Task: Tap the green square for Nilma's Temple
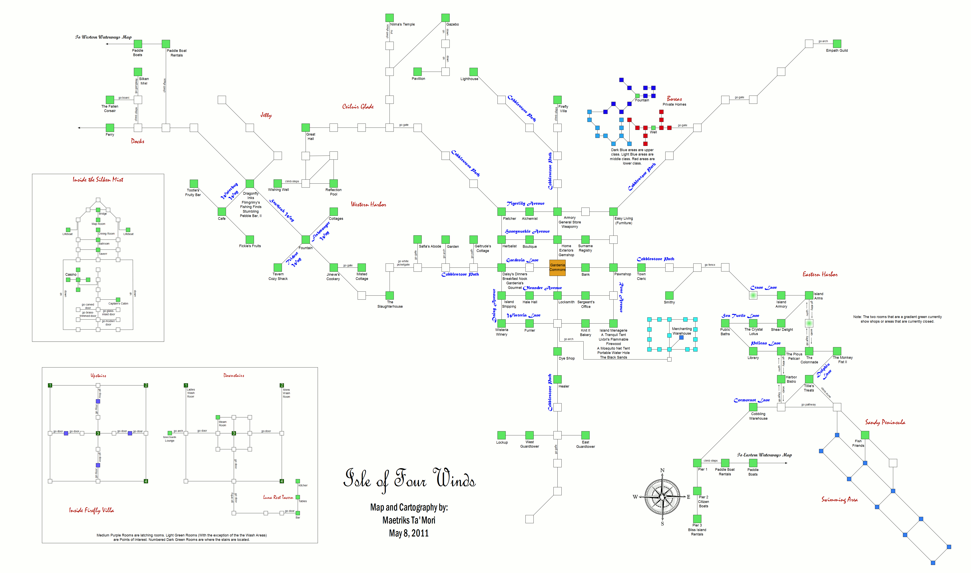(x=389, y=18)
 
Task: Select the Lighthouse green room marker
(x=473, y=72)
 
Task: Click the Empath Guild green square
(x=837, y=44)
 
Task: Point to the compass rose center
(x=662, y=497)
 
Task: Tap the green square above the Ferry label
(x=110, y=128)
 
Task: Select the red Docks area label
(x=137, y=141)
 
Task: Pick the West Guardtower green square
(x=529, y=435)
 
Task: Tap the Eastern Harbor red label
(x=820, y=275)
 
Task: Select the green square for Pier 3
(x=697, y=518)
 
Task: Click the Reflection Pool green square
(x=333, y=183)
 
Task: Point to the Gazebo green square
(x=446, y=18)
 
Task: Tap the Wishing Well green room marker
(x=278, y=183)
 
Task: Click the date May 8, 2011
(x=409, y=533)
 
